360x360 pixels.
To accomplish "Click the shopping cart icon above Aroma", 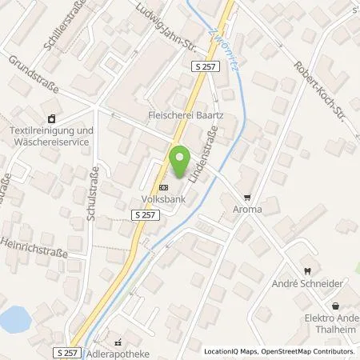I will (x=247, y=196).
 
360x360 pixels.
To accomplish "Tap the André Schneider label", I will (x=305, y=284).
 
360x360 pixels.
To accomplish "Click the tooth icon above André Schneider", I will (x=305, y=272).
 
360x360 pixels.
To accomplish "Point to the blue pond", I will (x=14, y=321).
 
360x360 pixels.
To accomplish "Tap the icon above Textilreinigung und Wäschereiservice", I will (x=53, y=118).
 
